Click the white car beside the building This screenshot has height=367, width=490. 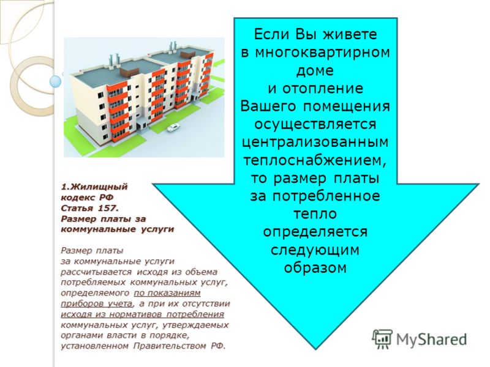pyautogui.click(x=173, y=128)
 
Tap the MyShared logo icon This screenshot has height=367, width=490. pyautogui.click(x=382, y=339)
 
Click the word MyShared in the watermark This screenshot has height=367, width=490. pyautogui.click(x=431, y=339)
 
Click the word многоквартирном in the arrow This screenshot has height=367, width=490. pyautogui.click(x=322, y=53)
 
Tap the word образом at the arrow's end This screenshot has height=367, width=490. pyautogui.click(x=315, y=268)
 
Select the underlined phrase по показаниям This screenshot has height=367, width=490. pyautogui.click(x=167, y=294)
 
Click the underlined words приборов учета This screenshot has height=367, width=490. pyautogui.click(x=97, y=304)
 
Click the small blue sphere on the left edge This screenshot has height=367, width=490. pyautogui.click(x=56, y=81)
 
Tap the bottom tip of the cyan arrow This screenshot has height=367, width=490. pyautogui.click(x=315, y=349)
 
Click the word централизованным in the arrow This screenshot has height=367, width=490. pyautogui.click(x=315, y=143)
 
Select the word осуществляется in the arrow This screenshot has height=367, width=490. pyautogui.click(x=315, y=125)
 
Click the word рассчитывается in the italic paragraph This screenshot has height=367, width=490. pyautogui.click(x=97, y=272)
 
